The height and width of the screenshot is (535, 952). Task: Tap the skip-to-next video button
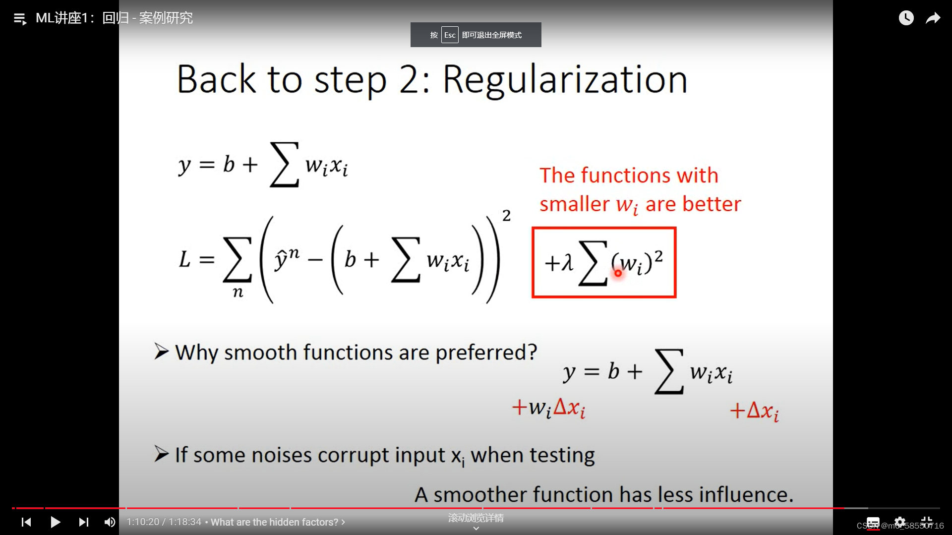click(83, 522)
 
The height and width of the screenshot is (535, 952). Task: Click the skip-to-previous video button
click(26, 522)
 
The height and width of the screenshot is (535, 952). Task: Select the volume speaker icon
click(110, 522)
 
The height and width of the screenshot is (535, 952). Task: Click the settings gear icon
click(900, 522)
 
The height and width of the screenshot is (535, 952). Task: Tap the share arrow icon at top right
click(933, 18)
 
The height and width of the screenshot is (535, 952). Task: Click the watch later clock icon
click(906, 18)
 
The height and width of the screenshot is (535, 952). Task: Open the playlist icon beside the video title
click(20, 19)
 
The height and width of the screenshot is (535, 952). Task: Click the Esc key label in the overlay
click(450, 35)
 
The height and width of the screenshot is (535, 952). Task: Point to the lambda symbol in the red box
click(567, 262)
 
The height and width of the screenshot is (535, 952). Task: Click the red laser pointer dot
click(618, 273)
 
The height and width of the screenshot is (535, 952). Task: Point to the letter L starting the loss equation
click(184, 259)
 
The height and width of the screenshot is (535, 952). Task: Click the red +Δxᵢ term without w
click(754, 411)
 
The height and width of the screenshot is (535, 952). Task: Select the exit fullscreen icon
click(927, 522)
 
